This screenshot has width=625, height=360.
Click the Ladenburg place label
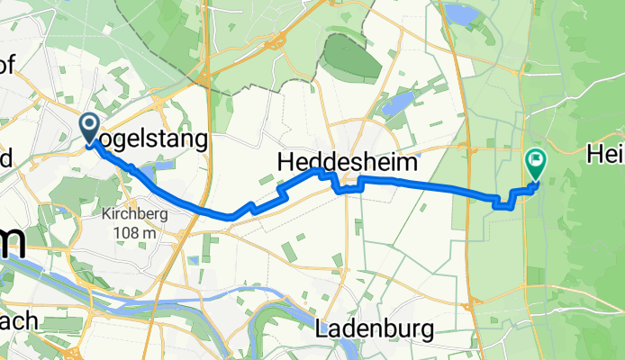[375, 328]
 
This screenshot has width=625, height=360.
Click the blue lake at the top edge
[458, 13]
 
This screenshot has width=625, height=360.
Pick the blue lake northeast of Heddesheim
[397, 103]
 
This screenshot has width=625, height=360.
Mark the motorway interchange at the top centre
[276, 40]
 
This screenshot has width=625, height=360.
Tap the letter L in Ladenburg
[323, 328]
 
